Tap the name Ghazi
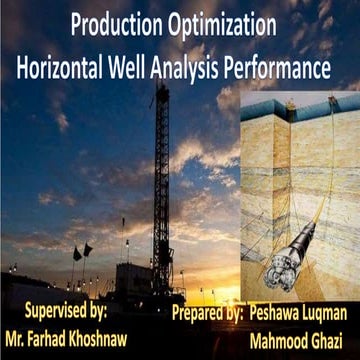pos(334,338)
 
